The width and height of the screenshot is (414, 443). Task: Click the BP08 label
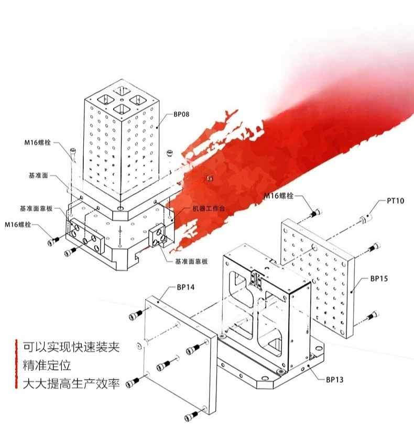point(181,115)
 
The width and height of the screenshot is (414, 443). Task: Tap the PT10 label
point(395,201)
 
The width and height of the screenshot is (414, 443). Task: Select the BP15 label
point(379,279)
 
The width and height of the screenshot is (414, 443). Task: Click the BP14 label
point(186,287)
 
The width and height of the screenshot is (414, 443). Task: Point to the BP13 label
point(334,380)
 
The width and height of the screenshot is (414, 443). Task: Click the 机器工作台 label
point(209,208)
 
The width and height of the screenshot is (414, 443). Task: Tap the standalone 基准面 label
point(38,175)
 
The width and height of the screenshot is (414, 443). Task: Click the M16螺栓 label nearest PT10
point(279,196)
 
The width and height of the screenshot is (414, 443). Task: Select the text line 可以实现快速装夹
point(71,347)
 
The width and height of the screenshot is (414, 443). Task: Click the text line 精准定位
point(47,366)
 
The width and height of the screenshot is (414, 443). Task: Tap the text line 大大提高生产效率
point(71,384)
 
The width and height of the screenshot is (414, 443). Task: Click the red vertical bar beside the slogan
point(16,364)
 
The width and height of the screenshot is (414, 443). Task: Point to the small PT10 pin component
point(366,218)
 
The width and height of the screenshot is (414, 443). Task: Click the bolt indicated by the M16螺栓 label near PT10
point(316,213)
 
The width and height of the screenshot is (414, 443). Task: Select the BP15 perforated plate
point(318,278)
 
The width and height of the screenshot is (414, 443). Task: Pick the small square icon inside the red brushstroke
point(210,178)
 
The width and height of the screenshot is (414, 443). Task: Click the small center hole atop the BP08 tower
point(122,100)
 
